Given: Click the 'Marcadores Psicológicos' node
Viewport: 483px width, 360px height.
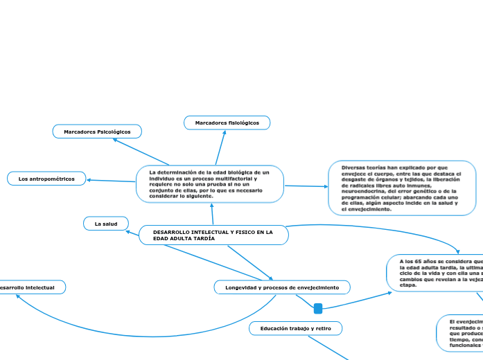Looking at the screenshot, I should [97, 131].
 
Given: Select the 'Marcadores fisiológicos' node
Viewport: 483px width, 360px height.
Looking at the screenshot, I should [227, 123].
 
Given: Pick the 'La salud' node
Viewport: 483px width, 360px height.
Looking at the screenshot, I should [106, 223].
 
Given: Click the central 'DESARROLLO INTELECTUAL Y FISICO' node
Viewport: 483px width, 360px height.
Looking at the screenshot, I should [213, 235].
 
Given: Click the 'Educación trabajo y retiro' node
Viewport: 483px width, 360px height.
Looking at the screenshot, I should [295, 328].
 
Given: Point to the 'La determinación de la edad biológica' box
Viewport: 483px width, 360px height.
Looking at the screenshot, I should [210, 184].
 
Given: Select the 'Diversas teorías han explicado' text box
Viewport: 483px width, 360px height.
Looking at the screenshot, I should [402, 187].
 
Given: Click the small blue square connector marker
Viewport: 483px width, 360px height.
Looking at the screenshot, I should [318, 308].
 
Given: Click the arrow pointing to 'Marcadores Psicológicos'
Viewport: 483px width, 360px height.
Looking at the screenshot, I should [116, 140].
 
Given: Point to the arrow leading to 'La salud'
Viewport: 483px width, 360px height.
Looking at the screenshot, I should [125, 231].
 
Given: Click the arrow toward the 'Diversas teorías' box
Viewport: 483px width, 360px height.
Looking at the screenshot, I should [324, 186].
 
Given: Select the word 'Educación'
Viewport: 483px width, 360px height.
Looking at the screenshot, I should [276, 328].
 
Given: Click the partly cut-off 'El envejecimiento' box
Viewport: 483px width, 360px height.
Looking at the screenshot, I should [461, 333].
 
